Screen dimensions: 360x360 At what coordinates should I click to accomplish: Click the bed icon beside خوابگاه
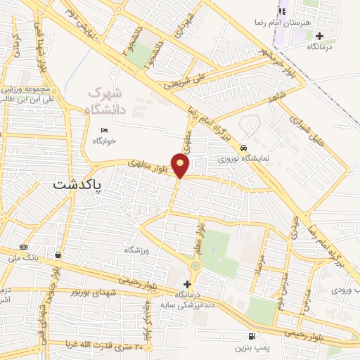tap(105, 130)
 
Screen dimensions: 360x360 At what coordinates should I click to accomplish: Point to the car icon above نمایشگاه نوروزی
tap(243, 148)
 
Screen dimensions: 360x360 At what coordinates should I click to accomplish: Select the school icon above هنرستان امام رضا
tap(283, 11)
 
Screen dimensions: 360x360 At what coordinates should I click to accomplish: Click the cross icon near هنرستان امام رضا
tap(319, 35)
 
